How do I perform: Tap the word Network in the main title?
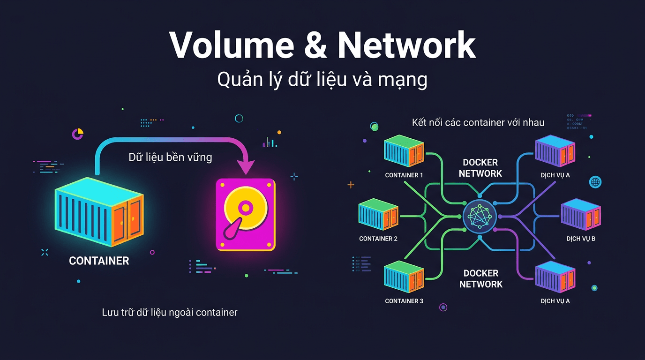406,45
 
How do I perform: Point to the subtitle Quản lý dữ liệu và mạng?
322,80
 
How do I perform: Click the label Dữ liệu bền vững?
170,157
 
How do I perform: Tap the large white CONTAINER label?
99,261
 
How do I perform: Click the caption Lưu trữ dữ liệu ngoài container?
170,312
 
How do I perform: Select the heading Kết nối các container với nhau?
478,123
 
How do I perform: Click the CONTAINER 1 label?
404,175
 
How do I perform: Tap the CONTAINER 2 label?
378,239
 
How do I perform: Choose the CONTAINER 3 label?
404,301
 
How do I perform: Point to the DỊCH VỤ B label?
581,239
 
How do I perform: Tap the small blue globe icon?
595,182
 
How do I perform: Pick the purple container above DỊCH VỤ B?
581,215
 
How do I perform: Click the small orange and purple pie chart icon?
78,134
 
